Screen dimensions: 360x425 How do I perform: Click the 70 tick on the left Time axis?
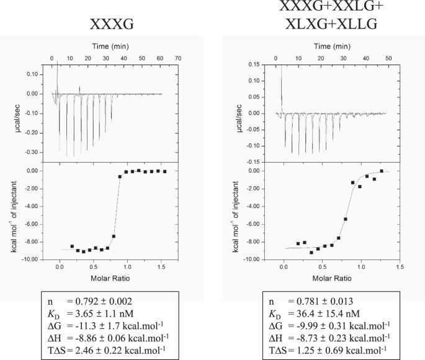pos(178,58)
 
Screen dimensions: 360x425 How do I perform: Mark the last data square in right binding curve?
pos(382,171)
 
